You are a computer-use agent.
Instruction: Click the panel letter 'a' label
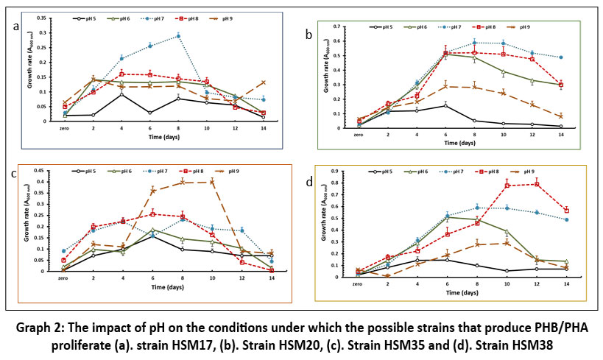(x=15, y=27)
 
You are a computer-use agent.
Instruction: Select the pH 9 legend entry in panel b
(x=516, y=27)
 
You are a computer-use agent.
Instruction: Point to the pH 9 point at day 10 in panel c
(x=212, y=181)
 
